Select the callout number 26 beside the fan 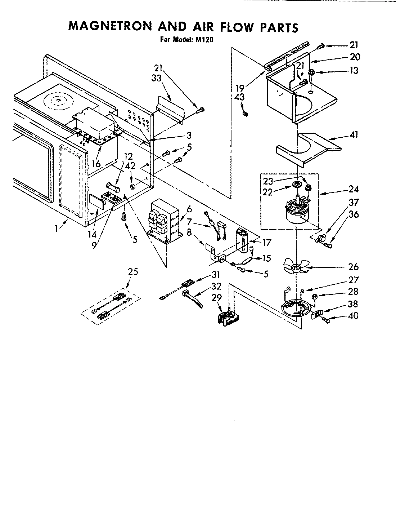tap(354, 267)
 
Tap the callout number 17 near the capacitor tap(267, 243)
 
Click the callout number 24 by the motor tap(354, 189)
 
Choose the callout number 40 tap(354, 315)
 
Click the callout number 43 tap(239, 97)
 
